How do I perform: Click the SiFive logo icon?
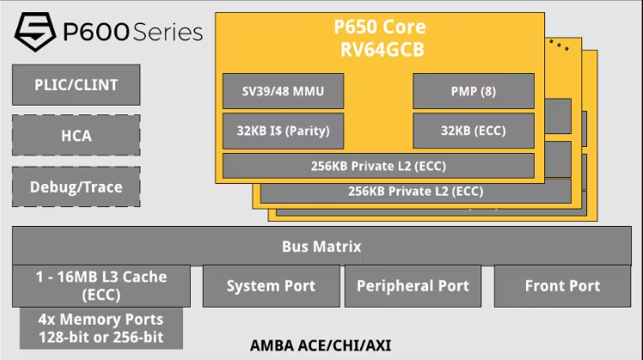35,31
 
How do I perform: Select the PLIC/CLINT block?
77,85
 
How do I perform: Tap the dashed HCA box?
77,135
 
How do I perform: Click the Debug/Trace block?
77,186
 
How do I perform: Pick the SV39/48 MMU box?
283,91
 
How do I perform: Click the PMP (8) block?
474,91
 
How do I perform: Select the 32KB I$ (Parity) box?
283,131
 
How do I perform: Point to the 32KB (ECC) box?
474,131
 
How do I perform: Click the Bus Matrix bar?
321,246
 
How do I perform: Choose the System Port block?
272,286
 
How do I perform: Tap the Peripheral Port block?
413,286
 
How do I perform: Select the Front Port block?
562,286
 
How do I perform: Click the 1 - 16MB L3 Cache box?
101,286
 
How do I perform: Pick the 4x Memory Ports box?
101,328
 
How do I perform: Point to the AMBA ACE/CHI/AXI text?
321,345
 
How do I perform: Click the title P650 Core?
380,27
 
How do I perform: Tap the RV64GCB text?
383,50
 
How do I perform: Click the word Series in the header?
168,32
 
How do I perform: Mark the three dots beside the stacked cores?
559,45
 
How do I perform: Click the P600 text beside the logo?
96,32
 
